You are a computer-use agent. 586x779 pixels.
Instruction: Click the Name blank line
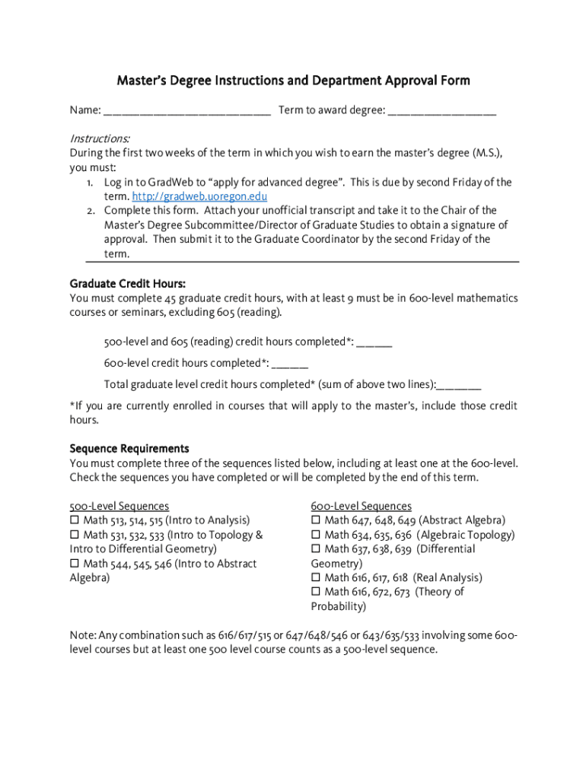click(x=186, y=112)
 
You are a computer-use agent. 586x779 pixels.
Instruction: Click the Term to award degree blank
click(x=441, y=112)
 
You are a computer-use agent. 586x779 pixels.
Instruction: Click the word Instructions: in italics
click(x=100, y=139)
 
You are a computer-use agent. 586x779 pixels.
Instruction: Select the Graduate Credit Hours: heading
click(x=127, y=284)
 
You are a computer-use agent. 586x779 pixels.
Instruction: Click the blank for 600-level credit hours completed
click(x=289, y=363)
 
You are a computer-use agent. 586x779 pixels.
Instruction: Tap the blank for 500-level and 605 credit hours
click(x=374, y=342)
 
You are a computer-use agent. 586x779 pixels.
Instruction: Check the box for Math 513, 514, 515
click(x=75, y=521)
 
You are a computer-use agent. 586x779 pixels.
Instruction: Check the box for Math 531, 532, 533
click(x=75, y=536)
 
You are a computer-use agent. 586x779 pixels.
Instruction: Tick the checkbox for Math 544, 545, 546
click(x=75, y=564)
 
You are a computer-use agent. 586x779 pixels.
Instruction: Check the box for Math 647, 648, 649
click(x=316, y=521)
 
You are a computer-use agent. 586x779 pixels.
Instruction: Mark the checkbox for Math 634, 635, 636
click(x=316, y=536)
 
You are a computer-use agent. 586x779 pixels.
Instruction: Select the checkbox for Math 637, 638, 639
click(x=316, y=549)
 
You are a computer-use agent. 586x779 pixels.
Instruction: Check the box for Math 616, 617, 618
click(x=316, y=578)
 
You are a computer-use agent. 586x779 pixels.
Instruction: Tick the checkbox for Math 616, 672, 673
click(x=316, y=593)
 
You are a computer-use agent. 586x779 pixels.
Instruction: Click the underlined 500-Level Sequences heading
click(x=119, y=507)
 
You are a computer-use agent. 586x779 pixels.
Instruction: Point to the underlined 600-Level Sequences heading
click(x=361, y=507)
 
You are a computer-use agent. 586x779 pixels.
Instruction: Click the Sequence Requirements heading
click(x=129, y=449)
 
